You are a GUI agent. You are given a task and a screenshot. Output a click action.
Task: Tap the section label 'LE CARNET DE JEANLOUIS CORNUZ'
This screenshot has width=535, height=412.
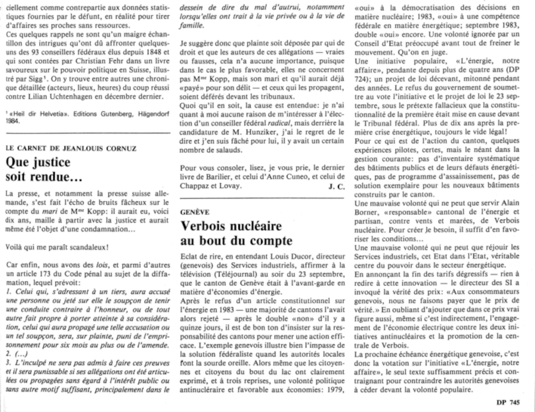click(71, 148)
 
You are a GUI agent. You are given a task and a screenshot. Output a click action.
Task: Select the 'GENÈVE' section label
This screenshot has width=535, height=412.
click(195, 212)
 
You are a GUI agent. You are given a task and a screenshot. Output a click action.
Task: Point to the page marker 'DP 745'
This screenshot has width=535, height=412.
click(508, 402)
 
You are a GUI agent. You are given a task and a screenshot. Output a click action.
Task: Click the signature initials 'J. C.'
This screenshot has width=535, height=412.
click(336, 187)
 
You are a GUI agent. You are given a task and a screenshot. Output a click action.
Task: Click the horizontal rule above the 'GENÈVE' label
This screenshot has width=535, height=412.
click(262, 198)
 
